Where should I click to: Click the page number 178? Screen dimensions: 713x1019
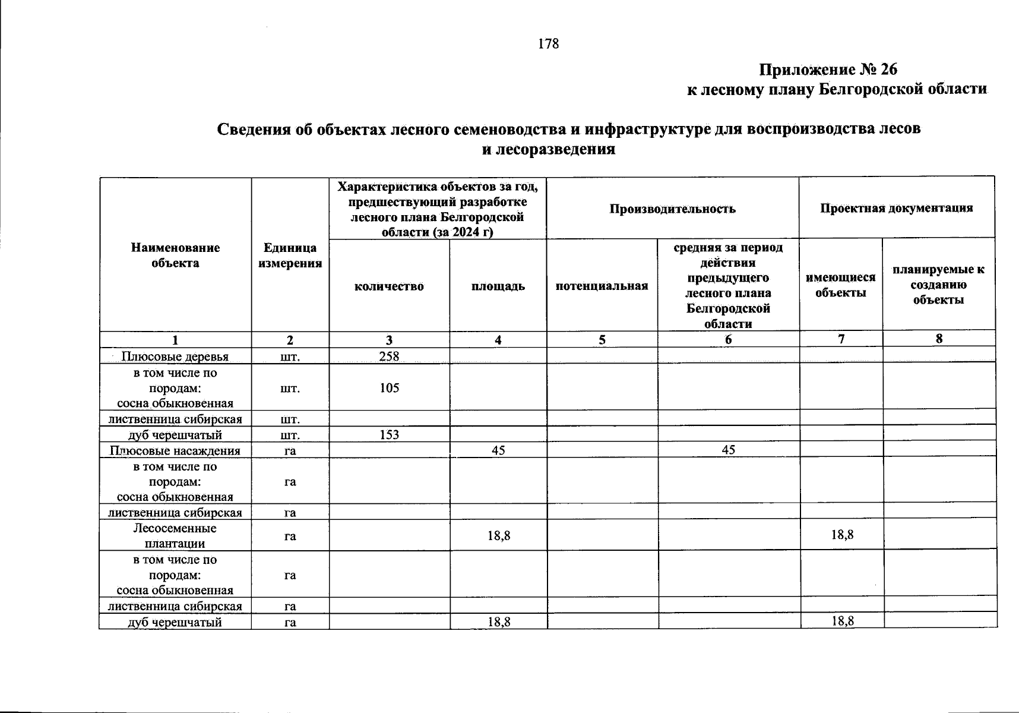tap(548, 44)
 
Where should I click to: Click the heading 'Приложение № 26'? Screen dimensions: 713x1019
tap(828, 70)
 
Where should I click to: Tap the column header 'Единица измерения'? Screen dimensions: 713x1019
tap(290, 255)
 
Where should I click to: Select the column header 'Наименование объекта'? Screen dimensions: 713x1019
tap(175, 255)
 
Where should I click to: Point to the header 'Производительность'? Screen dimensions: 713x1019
tap(672, 209)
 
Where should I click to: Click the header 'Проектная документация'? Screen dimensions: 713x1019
tap(896, 208)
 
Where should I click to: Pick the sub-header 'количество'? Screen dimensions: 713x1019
tap(389, 286)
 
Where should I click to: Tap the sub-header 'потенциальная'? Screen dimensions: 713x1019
tap(602, 286)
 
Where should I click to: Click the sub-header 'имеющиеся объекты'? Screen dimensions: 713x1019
tap(840, 285)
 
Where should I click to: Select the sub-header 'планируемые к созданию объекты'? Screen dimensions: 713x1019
tap(938, 285)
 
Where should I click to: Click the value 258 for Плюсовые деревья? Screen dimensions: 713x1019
tap(389, 356)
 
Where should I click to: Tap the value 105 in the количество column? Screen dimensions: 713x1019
tap(389, 388)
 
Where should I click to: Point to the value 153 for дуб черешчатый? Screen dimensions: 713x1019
tap(389, 435)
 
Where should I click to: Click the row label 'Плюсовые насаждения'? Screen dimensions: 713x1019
tap(175, 450)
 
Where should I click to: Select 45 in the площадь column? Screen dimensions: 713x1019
tap(498, 450)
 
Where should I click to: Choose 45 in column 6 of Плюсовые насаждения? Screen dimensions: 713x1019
tap(728, 450)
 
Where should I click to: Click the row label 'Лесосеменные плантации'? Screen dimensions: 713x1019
tap(175, 535)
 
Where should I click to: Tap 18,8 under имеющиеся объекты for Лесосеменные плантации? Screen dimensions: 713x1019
tap(842, 535)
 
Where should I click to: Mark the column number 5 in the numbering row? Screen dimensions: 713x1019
tap(602, 340)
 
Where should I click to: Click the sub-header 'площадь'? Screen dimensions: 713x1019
tap(498, 286)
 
